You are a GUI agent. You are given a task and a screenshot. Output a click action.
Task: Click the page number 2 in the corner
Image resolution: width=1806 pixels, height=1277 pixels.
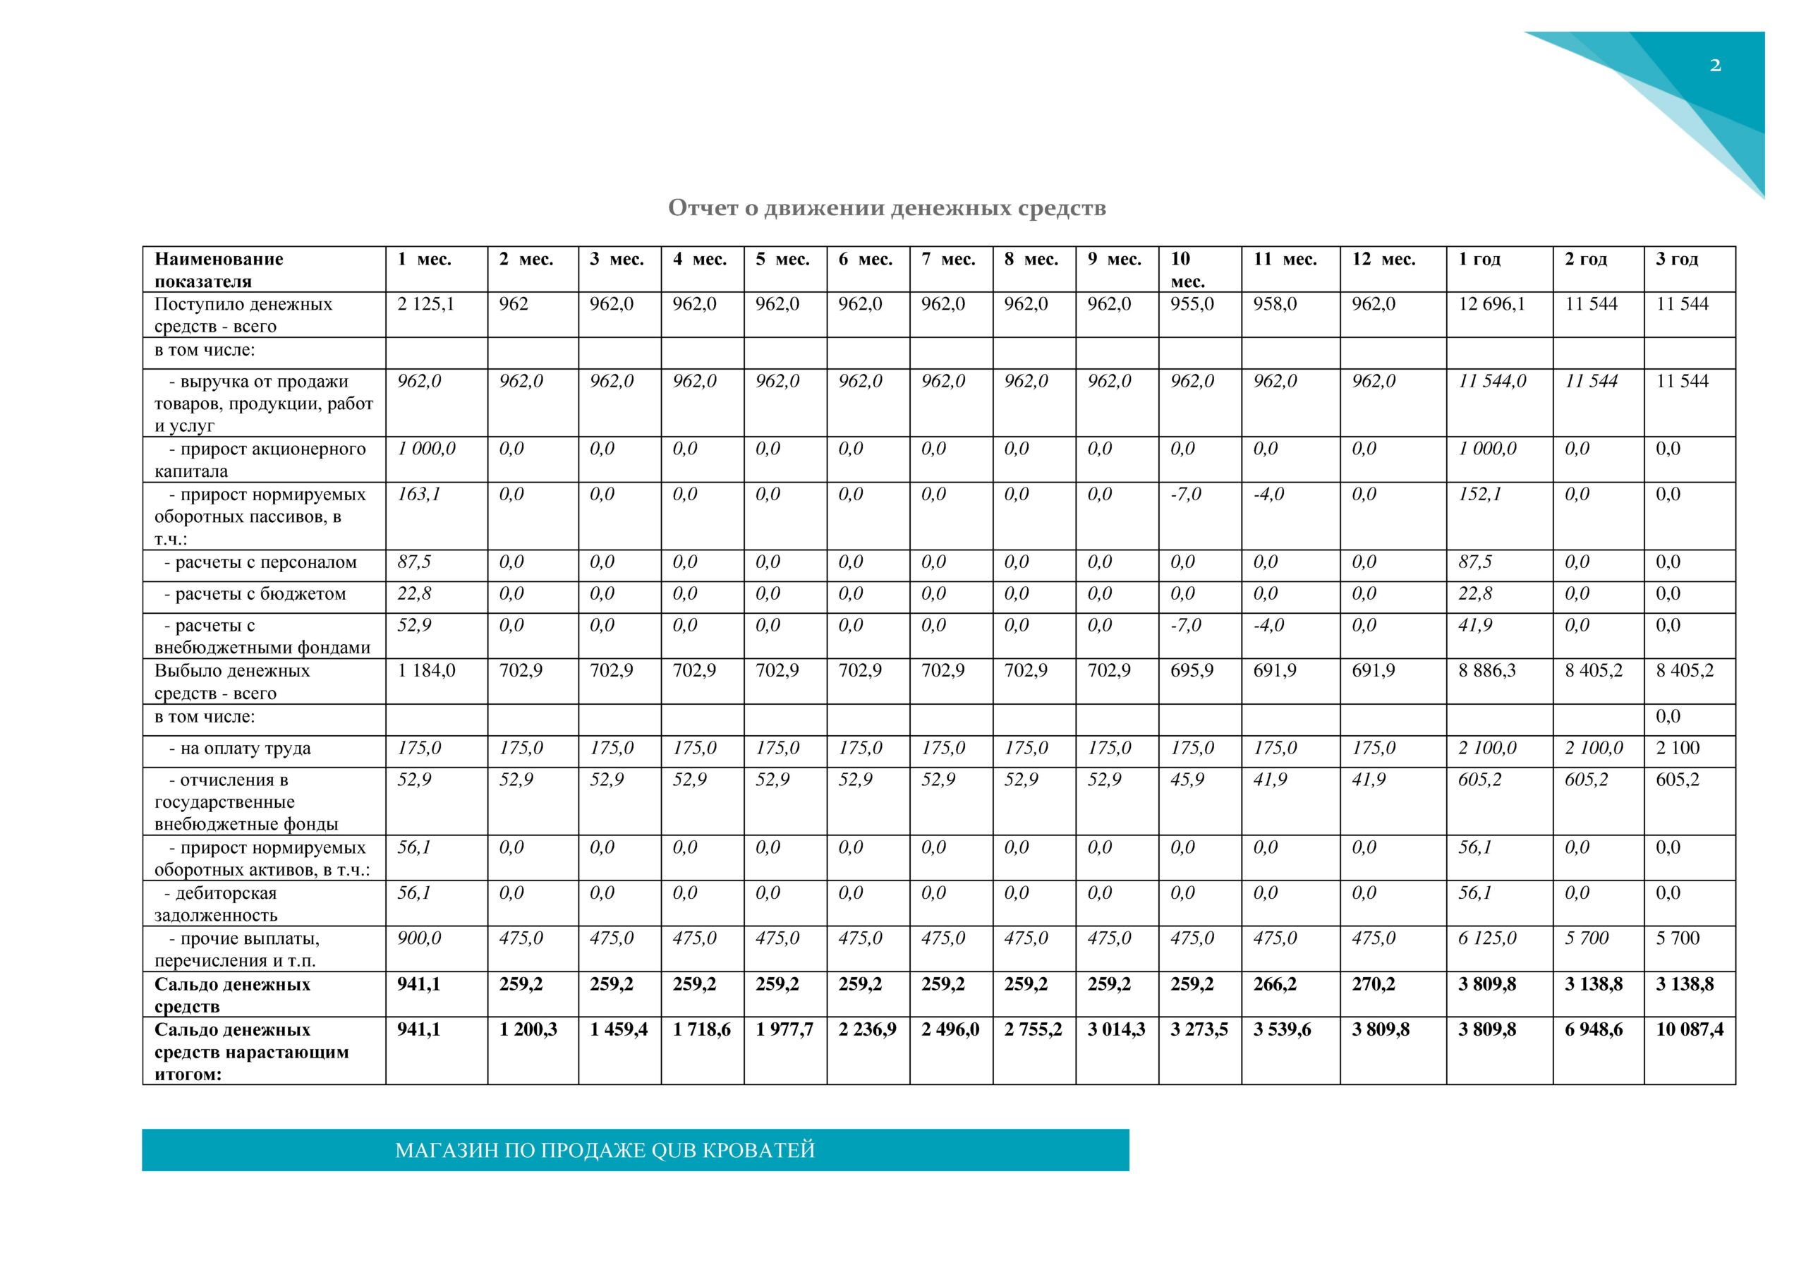pos(1715,66)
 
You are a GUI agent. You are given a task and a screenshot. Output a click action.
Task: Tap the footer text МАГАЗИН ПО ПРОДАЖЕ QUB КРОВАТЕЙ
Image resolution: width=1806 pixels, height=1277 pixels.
pos(604,1150)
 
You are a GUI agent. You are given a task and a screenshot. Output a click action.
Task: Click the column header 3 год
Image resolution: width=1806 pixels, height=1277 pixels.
pos(1676,259)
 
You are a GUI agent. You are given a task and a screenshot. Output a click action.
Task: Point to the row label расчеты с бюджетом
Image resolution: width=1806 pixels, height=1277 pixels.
pos(254,594)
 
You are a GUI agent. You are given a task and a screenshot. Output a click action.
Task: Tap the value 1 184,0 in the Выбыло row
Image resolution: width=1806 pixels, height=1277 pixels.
pos(425,670)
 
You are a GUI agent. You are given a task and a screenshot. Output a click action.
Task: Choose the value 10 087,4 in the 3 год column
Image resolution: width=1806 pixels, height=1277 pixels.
pos(1689,1029)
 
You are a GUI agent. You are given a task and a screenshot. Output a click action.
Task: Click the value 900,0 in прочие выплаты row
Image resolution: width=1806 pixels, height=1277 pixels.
pos(419,938)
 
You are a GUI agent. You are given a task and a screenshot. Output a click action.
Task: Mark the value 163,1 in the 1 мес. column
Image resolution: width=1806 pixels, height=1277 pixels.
pos(418,494)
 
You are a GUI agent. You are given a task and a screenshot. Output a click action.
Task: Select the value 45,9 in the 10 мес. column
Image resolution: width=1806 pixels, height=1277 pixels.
pos(1187,780)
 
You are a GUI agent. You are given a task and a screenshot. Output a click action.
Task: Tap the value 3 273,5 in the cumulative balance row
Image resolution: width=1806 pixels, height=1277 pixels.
pos(1199,1029)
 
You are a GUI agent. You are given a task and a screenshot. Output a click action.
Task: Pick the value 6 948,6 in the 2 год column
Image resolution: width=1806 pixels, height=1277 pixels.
pos(1594,1029)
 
